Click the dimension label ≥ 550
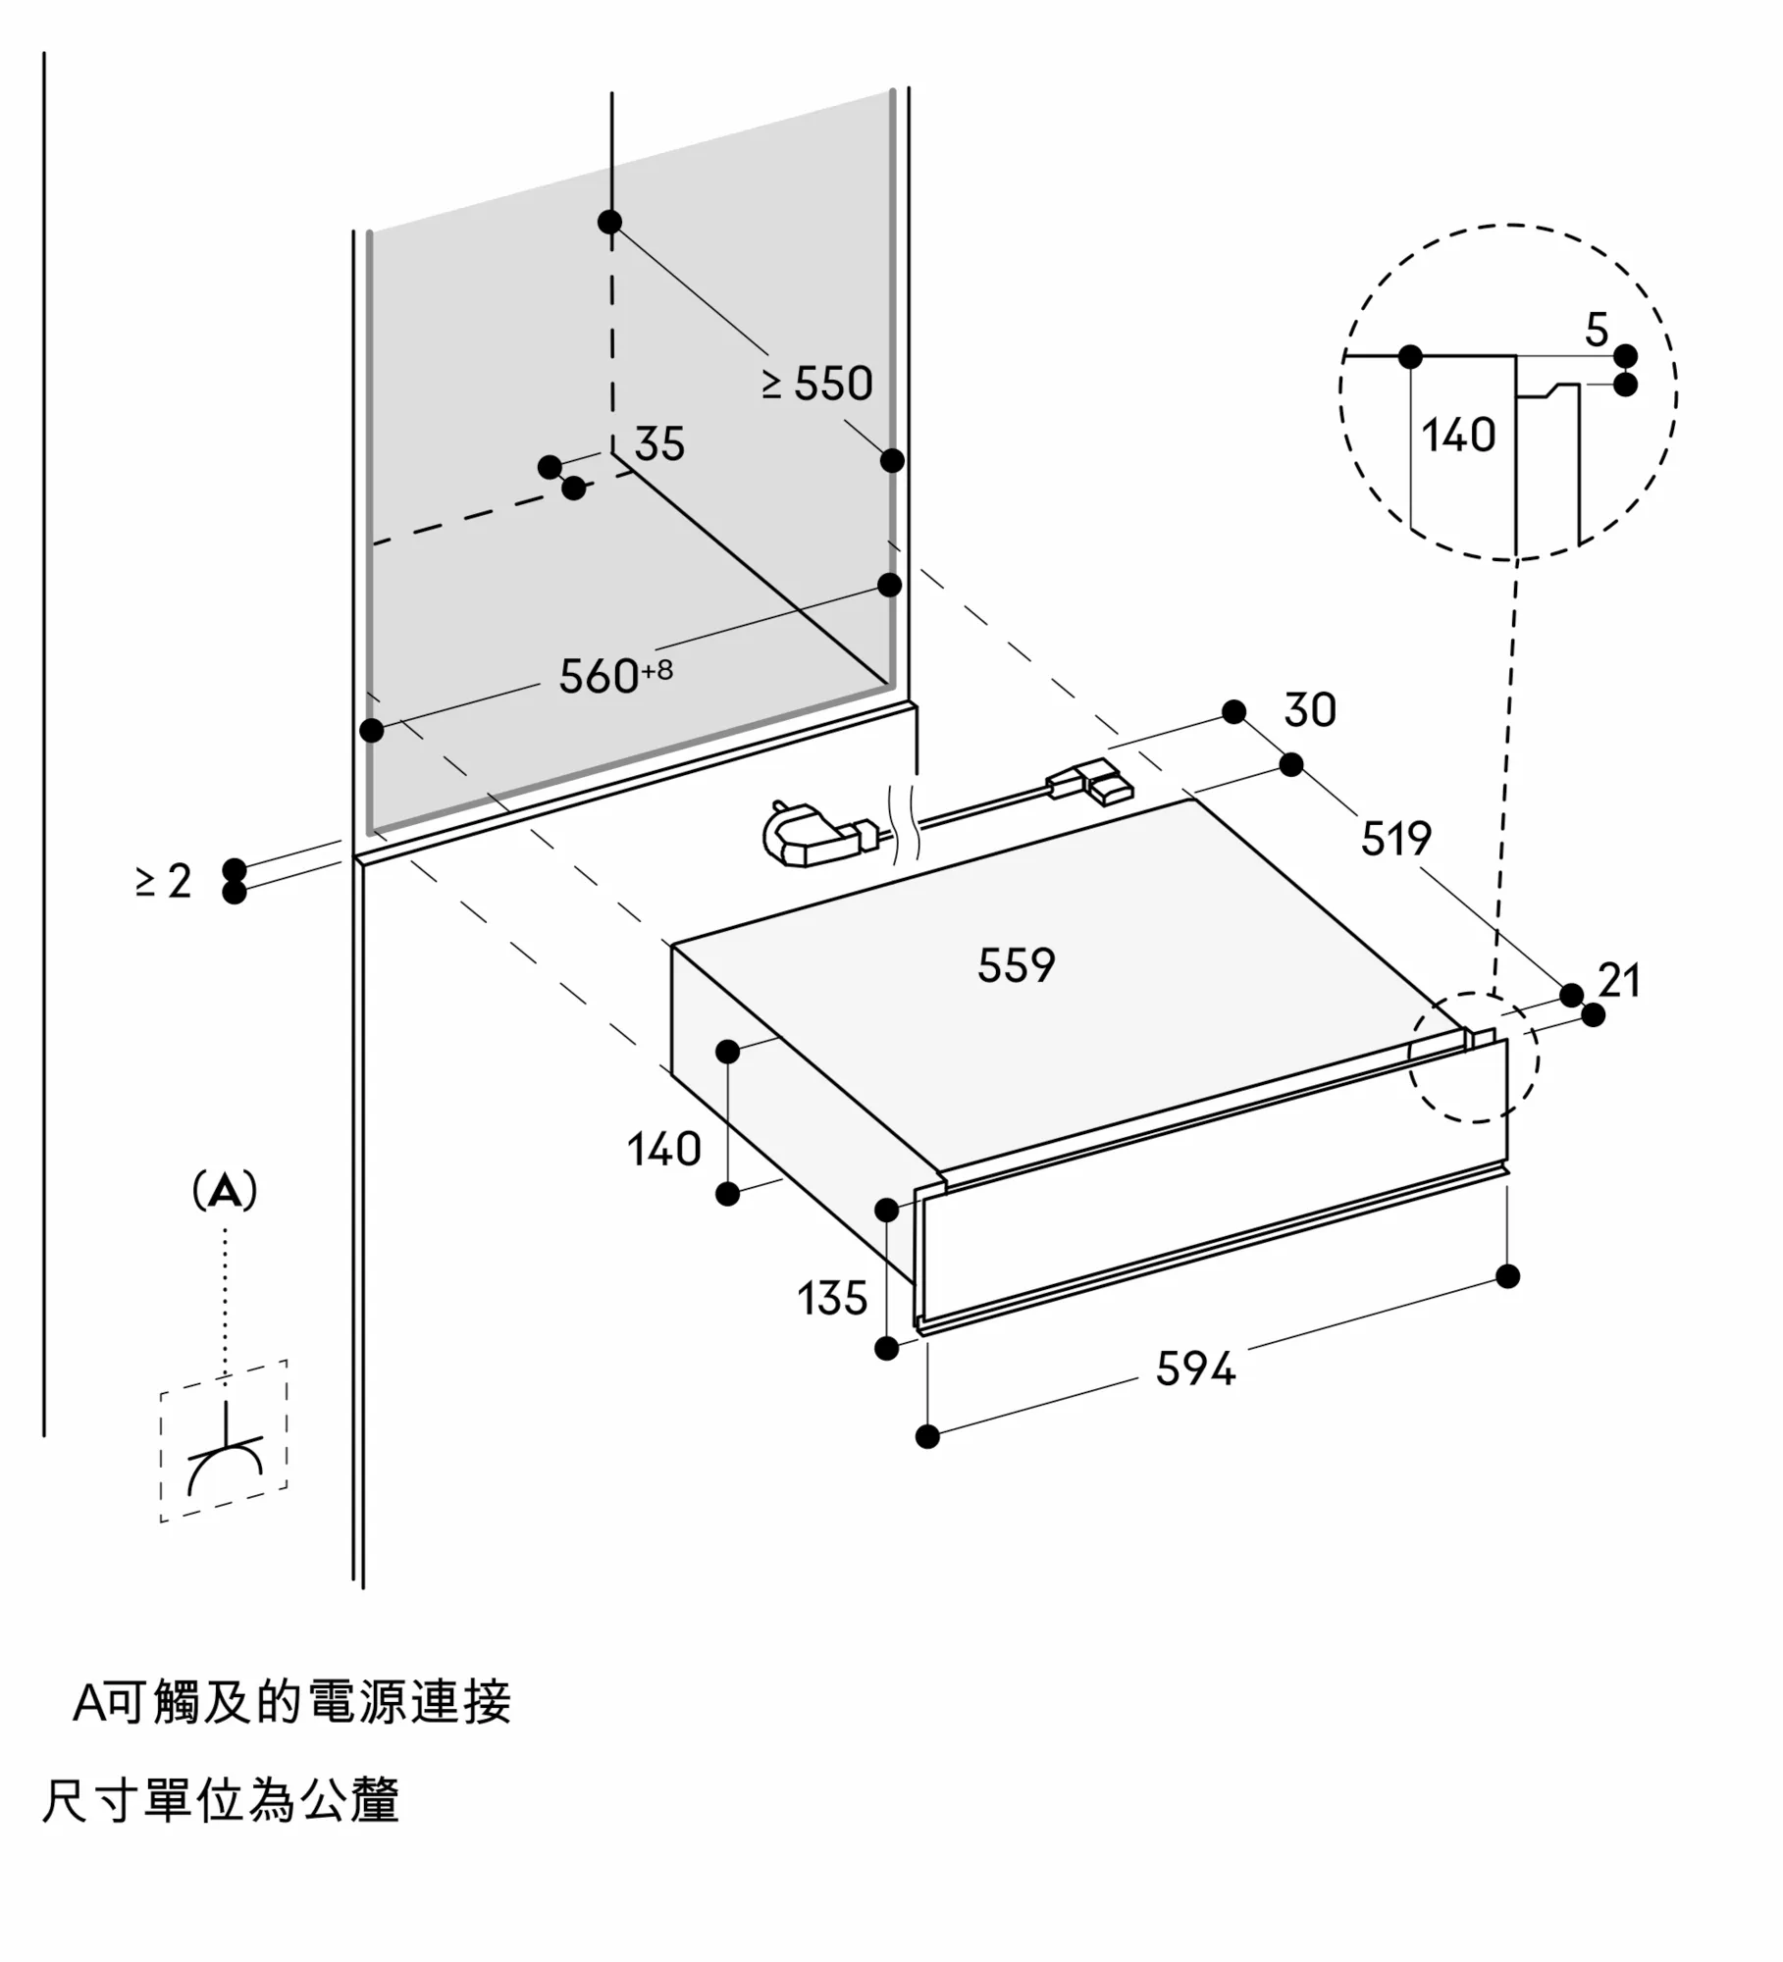pos(817,384)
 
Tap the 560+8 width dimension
pos(615,675)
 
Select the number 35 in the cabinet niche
pos(659,444)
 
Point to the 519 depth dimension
pos(1395,839)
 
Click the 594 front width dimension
pos(1195,1368)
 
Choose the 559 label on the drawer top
pos(1016,965)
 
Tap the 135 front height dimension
pos(832,1299)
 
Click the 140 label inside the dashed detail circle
pos(1458,435)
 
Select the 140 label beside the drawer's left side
pos(664,1149)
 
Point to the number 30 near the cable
pos(1310,710)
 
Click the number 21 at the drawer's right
pos(1619,980)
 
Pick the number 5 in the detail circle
pos(1597,331)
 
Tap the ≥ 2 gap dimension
pos(164,881)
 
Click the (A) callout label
pos(225,1191)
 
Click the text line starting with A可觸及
pos(291,1703)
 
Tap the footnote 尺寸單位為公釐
pos(221,1802)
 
